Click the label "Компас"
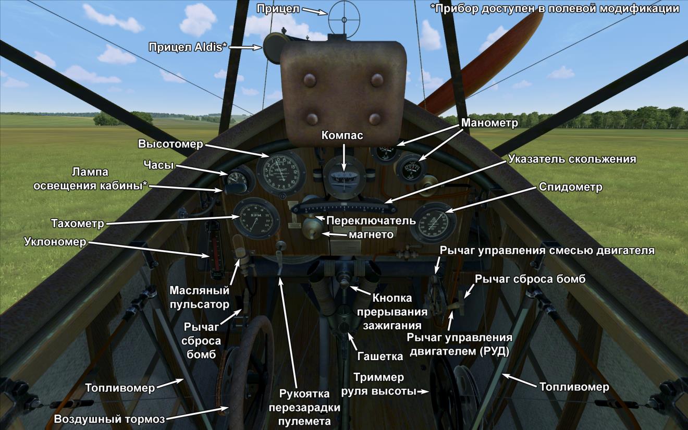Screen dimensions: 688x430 342,136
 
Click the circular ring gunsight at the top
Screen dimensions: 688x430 343,19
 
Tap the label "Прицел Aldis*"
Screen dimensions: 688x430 188,47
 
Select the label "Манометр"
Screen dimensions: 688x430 489,123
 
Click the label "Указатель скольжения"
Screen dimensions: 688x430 572,159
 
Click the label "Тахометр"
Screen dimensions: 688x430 77,224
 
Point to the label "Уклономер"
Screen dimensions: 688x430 55,241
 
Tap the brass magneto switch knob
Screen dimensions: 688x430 312,228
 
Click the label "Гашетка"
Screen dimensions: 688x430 380,357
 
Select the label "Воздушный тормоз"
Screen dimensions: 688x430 109,420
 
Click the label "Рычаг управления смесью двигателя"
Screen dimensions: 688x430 547,250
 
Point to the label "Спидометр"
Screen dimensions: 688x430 570,187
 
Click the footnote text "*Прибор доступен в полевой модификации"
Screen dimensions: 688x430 555,9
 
